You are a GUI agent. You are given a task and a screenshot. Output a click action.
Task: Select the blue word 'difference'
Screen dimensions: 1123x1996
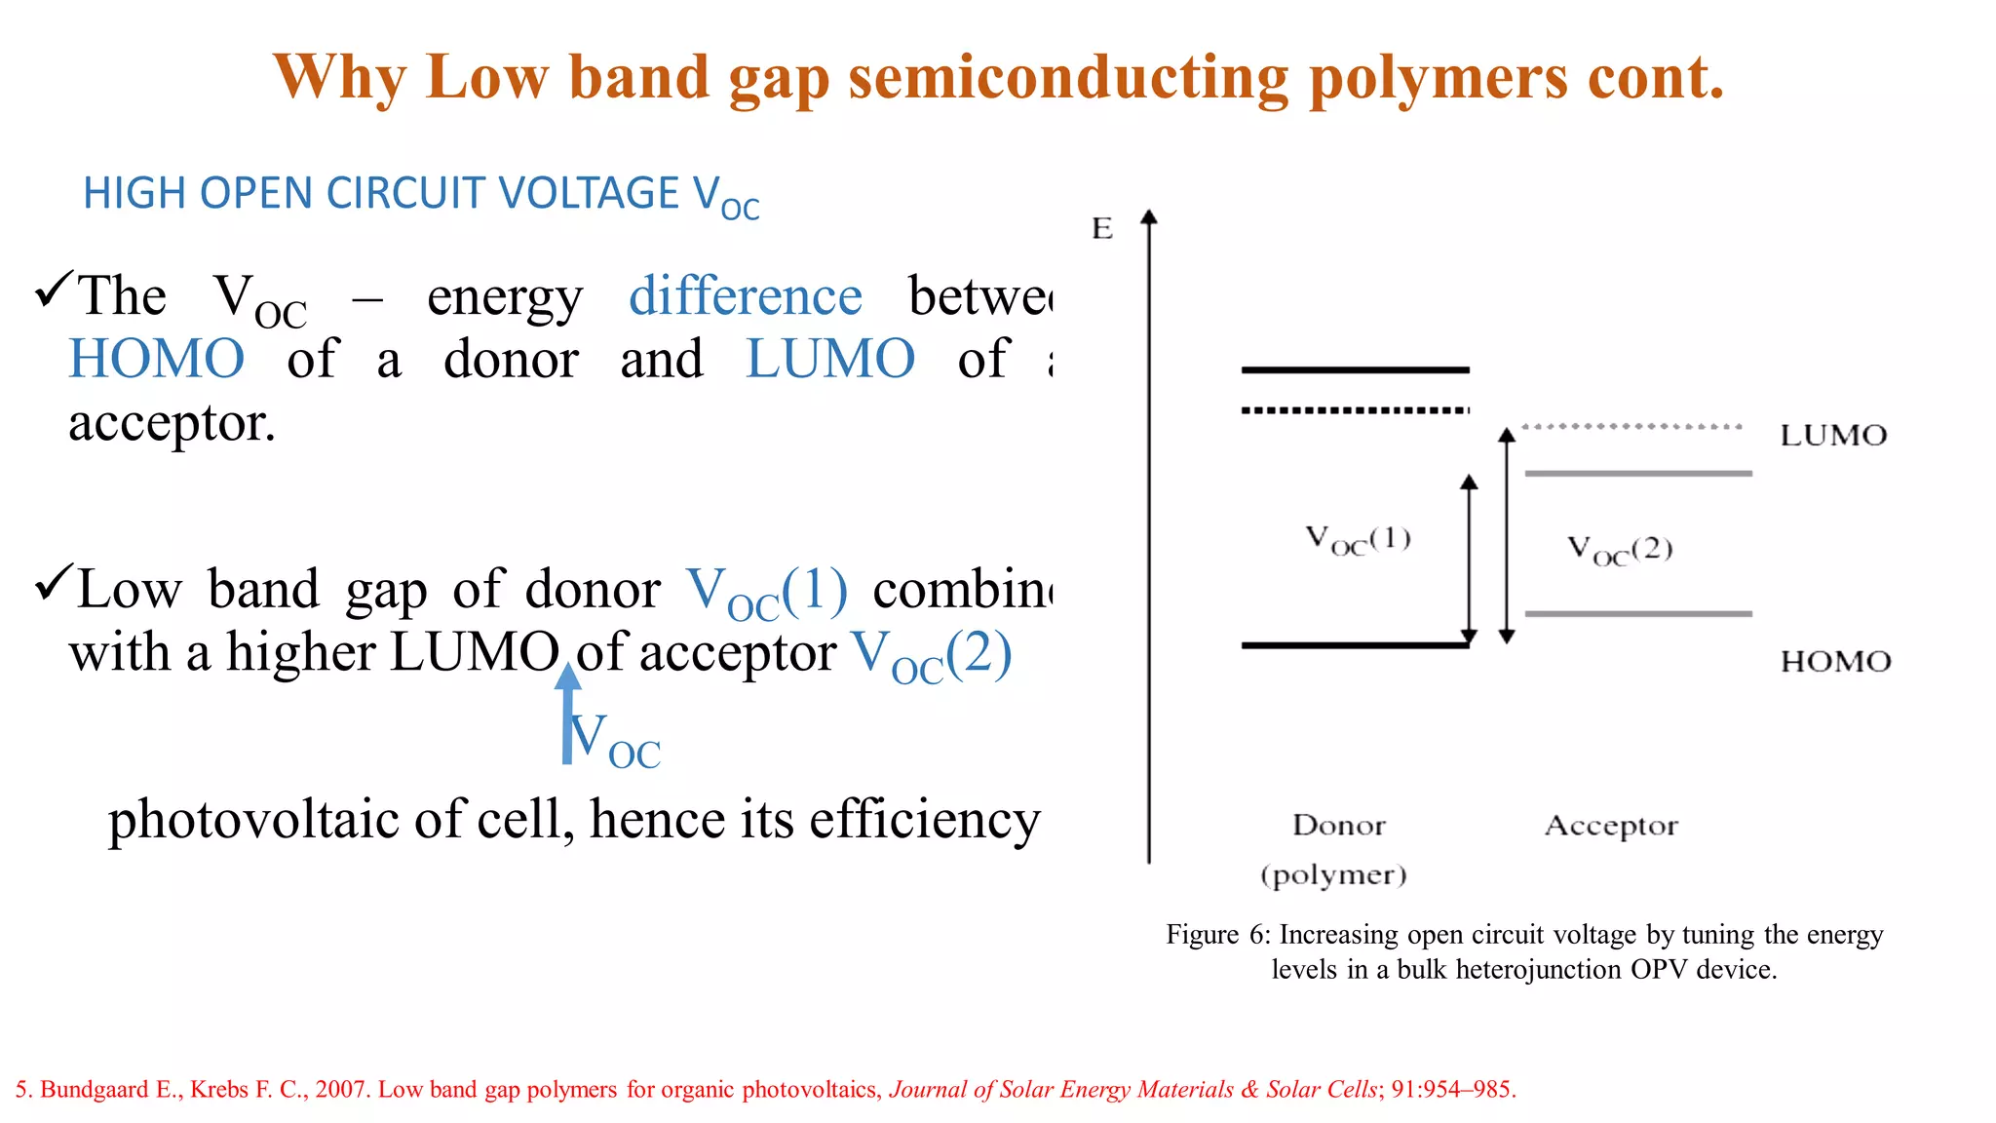pos(745,296)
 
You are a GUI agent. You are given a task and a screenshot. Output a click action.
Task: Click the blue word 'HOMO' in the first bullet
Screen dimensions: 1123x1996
pos(156,359)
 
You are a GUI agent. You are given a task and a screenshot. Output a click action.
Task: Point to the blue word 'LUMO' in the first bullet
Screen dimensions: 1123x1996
pos(829,359)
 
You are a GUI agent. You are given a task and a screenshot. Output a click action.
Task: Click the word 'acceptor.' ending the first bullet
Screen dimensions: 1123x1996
pos(172,423)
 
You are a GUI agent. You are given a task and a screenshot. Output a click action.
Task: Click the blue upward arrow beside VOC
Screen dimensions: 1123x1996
pos(567,714)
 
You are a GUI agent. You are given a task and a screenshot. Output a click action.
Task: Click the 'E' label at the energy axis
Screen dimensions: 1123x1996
pos(1102,229)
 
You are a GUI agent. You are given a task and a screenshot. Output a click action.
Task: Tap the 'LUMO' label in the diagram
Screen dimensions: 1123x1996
pos(1833,436)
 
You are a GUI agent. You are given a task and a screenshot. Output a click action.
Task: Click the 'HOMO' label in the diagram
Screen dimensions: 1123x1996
pos(1835,662)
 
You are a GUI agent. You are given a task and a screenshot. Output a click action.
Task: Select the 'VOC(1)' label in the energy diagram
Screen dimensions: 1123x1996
pos(1358,539)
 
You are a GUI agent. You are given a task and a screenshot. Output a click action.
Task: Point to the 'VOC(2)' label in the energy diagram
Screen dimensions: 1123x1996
pos(1619,550)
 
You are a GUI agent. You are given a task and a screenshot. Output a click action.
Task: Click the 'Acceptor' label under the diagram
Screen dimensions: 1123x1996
pos(1610,826)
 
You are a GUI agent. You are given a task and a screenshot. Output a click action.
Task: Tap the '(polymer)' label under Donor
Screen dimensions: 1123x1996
pos(1333,874)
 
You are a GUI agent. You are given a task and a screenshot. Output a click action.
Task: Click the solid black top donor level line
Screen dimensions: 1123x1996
pos(1355,370)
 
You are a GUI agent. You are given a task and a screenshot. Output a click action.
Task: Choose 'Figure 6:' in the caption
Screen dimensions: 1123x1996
pos(1218,935)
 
